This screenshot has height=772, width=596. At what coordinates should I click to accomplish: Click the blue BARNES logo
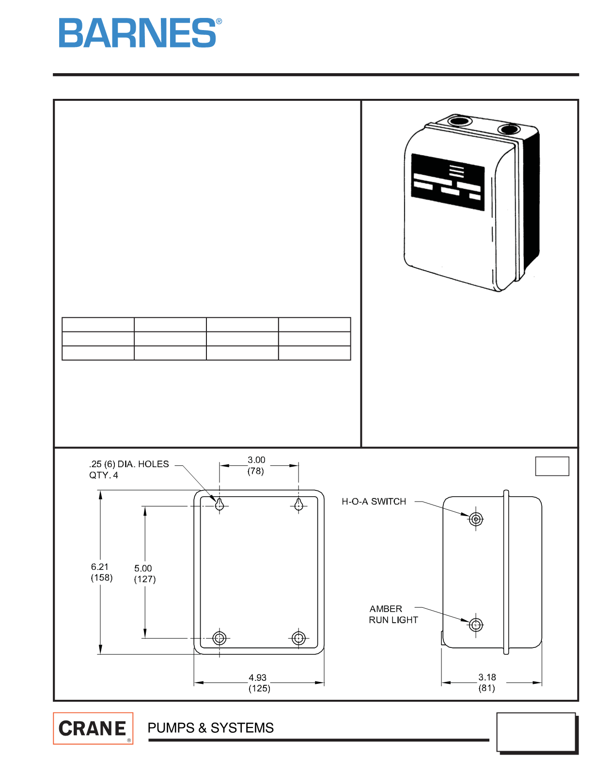click(140, 32)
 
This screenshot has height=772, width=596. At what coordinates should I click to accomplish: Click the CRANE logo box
click(93, 728)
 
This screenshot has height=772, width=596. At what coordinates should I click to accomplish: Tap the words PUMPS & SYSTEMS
click(211, 727)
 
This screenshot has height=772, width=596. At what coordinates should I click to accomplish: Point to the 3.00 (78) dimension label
click(256, 465)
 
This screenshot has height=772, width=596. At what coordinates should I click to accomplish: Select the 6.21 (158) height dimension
click(101, 572)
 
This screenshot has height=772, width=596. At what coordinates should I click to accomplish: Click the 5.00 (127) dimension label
click(144, 573)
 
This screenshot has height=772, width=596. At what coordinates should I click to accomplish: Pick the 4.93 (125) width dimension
click(259, 682)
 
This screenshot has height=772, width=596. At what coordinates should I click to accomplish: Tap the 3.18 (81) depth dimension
click(487, 682)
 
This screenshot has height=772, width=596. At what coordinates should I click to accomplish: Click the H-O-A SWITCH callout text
click(374, 501)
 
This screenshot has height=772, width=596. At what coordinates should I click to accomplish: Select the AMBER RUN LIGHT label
click(393, 614)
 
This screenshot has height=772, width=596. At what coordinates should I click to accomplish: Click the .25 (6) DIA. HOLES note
click(129, 469)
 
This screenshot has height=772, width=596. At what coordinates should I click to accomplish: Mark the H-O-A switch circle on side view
click(476, 520)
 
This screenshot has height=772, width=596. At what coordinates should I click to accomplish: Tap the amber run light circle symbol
click(476, 625)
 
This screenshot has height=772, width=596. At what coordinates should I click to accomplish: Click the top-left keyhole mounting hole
click(220, 504)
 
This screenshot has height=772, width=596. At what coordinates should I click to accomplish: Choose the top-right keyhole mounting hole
click(298, 504)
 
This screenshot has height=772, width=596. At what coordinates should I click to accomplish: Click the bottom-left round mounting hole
click(220, 638)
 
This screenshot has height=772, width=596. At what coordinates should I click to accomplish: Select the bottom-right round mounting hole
click(298, 638)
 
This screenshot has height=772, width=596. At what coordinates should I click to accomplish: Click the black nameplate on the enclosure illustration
click(448, 182)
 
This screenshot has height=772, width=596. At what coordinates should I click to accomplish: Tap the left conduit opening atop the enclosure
click(459, 121)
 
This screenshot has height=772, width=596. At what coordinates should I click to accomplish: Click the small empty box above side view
click(552, 466)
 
